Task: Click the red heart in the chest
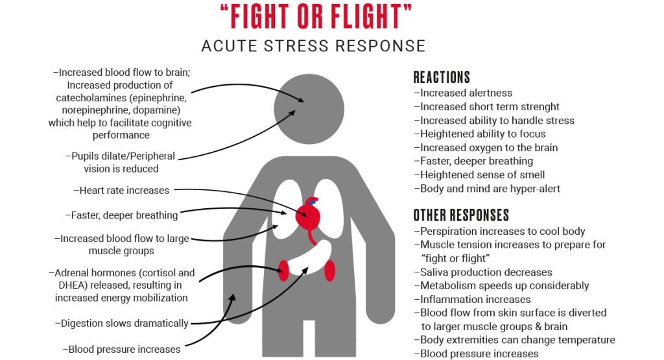click(x=309, y=217)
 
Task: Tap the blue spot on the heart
click(x=313, y=202)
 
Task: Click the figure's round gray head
click(x=309, y=109)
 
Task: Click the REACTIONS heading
click(x=442, y=77)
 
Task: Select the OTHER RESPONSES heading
click(x=461, y=215)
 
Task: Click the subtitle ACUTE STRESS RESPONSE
click(x=313, y=46)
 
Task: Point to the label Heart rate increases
click(x=122, y=191)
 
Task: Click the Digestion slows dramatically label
click(x=122, y=324)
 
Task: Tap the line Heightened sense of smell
click(x=479, y=175)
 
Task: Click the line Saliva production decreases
click(x=483, y=272)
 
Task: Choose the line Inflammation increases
click(x=472, y=300)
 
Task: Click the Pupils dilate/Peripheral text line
click(x=120, y=156)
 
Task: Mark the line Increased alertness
click(x=463, y=93)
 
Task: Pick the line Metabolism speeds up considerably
click(x=501, y=286)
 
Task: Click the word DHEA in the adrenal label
click(x=72, y=285)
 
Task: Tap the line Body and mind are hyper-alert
click(x=487, y=189)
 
